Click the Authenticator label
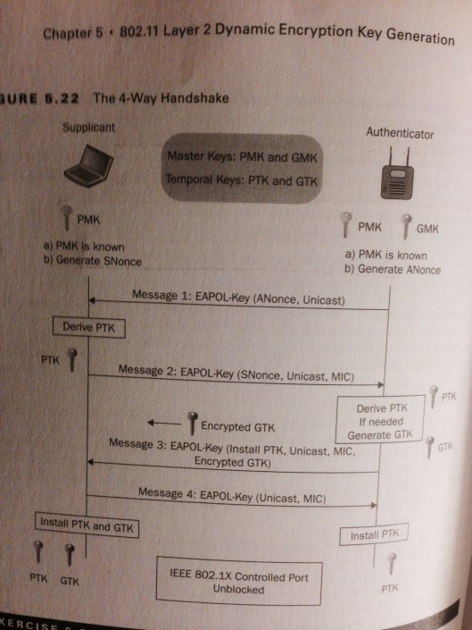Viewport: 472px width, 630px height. pos(400,133)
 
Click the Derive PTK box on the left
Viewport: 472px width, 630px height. pos(87,327)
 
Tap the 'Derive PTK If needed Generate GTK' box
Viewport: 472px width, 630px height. pos(372,421)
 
